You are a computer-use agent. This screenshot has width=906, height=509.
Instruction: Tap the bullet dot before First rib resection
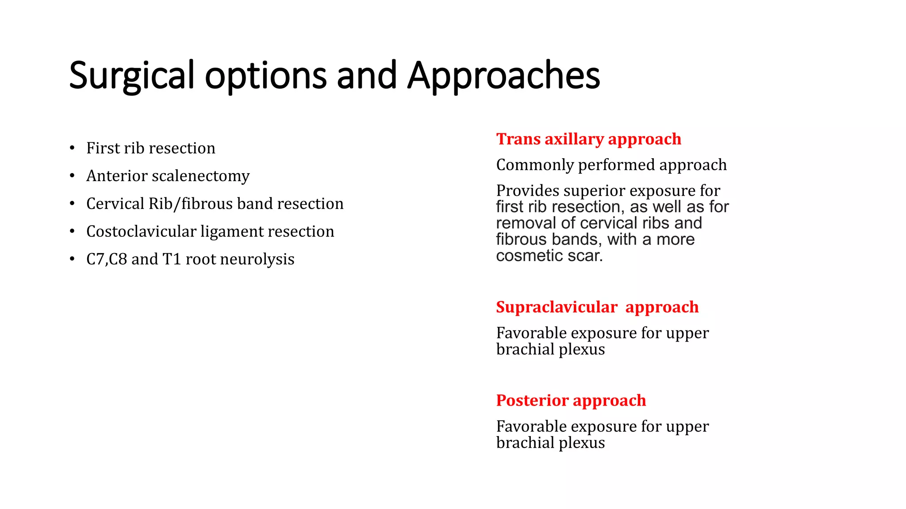click(72, 148)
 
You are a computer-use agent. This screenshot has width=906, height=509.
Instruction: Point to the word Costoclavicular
click(141, 232)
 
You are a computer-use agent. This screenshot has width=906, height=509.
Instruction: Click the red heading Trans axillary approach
click(588, 139)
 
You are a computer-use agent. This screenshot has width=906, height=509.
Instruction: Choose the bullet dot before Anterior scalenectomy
click(72, 176)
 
